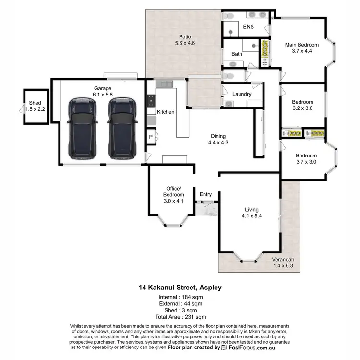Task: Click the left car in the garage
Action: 82,128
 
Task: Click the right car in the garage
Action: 121,128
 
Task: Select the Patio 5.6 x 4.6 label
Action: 185,39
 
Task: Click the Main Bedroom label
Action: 302,48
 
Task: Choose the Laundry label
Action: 241,94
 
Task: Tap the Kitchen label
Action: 165,112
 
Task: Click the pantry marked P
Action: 151,136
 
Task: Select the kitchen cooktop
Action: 151,100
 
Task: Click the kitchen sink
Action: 164,84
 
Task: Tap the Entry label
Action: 205,194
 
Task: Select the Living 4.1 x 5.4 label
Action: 252,213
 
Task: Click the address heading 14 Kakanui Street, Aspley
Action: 180,288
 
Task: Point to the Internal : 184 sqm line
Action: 180,298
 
